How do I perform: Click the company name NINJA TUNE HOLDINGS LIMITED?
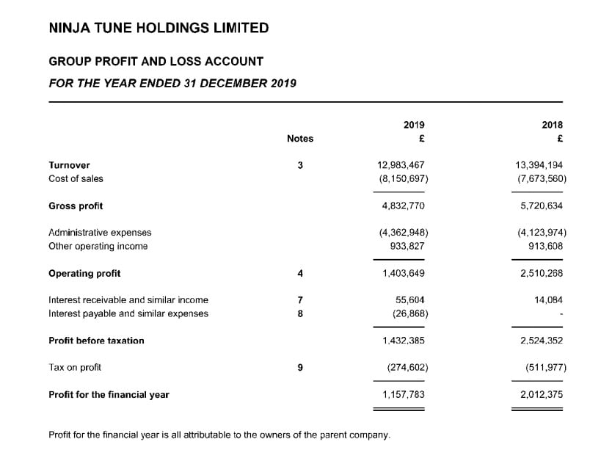pyautogui.click(x=159, y=29)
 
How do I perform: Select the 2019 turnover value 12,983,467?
pyautogui.click(x=401, y=165)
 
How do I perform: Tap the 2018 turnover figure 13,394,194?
pyautogui.click(x=539, y=165)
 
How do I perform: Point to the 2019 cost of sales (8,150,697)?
pyautogui.click(x=403, y=178)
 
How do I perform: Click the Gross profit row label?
pyautogui.click(x=76, y=206)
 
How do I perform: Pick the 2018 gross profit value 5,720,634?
pyautogui.click(x=542, y=206)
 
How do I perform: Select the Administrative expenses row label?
pyautogui.click(x=100, y=233)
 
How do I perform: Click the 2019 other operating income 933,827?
pyautogui.click(x=407, y=247)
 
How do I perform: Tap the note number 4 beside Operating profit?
pyautogui.click(x=300, y=274)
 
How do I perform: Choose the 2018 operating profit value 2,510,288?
pyautogui.click(x=542, y=274)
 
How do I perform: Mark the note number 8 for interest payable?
pyautogui.click(x=300, y=314)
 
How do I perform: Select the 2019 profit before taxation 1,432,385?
pyautogui.click(x=403, y=341)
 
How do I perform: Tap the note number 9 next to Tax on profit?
pyautogui.click(x=300, y=367)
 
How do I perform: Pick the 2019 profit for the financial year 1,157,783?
pyautogui.click(x=403, y=395)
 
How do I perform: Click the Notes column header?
pyautogui.click(x=300, y=139)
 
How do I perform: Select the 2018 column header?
pyautogui.click(x=552, y=126)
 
